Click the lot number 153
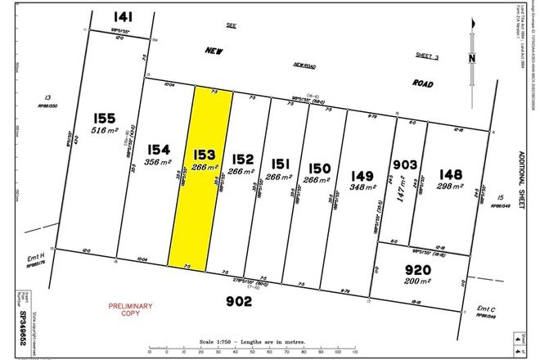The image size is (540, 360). (x=205, y=151)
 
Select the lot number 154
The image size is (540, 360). (x=159, y=150)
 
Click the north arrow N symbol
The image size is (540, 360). (x=472, y=58)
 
